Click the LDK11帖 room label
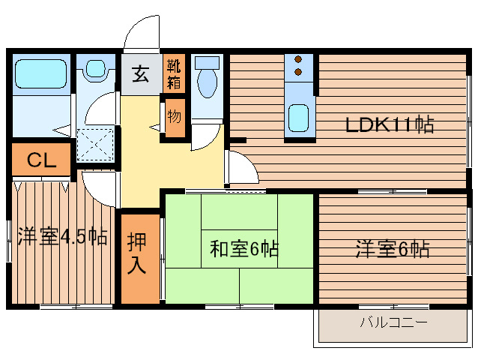pyautogui.click(x=389, y=124)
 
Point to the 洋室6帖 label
pyautogui.click(x=393, y=248)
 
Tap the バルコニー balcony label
pyautogui.click(x=393, y=323)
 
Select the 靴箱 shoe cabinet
pyautogui.click(x=173, y=73)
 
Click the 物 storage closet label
pyautogui.click(x=174, y=117)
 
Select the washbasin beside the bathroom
pyautogui.click(x=95, y=70)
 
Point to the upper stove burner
pyautogui.click(x=298, y=59)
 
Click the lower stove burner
pyautogui.click(x=298, y=72)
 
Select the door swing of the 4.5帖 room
pyautogui.click(x=100, y=187)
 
